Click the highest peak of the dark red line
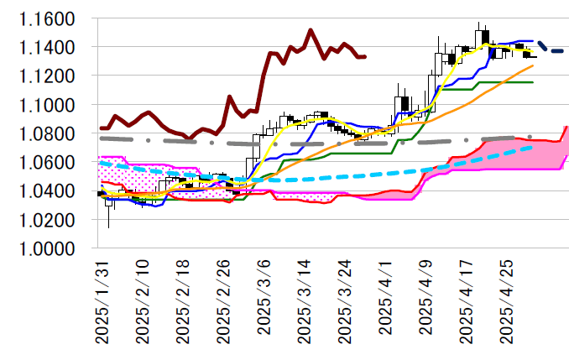tap(311, 30)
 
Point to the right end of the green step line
tap(533, 82)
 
